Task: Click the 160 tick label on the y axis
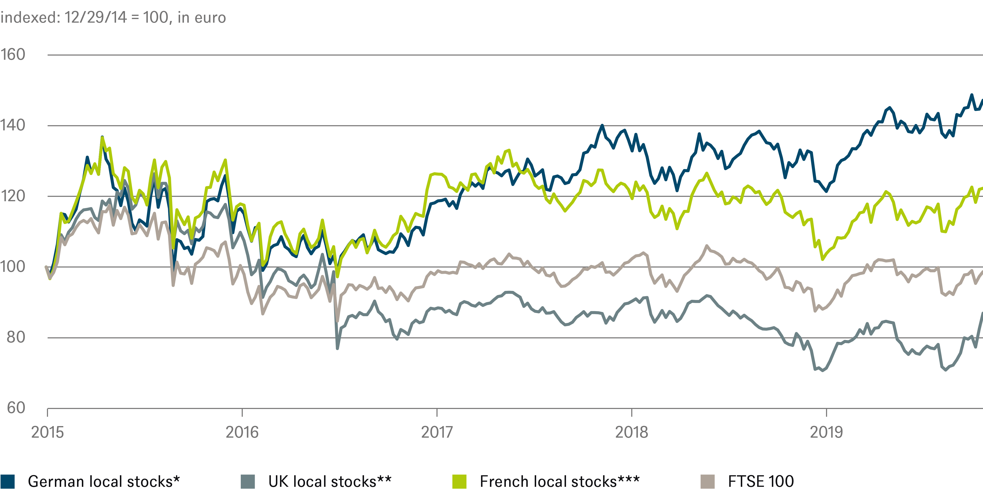[13, 55]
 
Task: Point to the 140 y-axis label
[13, 125]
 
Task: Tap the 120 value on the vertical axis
[13, 196]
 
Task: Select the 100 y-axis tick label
[13, 267]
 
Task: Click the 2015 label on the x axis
[47, 432]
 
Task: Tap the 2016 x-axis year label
[242, 432]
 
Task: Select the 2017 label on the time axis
[437, 432]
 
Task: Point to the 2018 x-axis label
[631, 432]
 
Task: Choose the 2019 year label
[826, 432]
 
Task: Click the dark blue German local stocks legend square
[8, 481]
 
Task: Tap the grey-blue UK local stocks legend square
[248, 481]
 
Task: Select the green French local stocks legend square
[459, 481]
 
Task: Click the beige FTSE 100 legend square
[708, 481]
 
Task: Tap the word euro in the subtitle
[210, 18]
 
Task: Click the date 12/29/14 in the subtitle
[95, 18]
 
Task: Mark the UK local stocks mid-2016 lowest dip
[337, 348]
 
